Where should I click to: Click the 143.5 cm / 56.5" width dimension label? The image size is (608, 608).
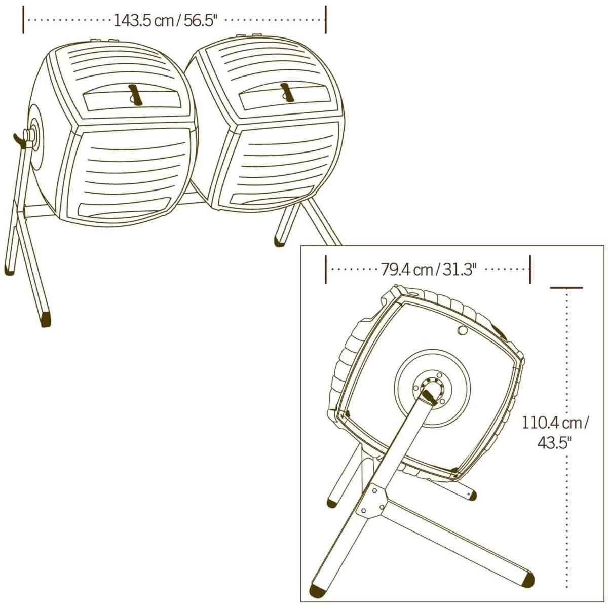coord(165,20)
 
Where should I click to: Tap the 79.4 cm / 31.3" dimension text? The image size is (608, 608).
coord(428,270)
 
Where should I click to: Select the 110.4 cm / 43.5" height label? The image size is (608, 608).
coord(555,433)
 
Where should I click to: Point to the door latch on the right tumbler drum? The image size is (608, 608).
coord(287,93)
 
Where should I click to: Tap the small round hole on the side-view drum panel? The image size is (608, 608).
coord(462,330)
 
